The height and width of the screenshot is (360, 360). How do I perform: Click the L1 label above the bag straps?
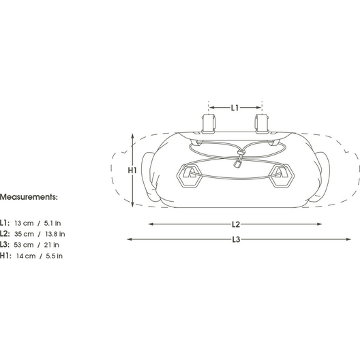pos(235,108)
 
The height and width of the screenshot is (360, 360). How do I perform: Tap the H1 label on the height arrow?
pos(132,170)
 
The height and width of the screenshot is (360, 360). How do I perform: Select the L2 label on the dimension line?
pos(236,224)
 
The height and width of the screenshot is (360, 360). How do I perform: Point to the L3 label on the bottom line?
pos(236,239)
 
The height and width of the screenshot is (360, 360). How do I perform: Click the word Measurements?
pos(29,197)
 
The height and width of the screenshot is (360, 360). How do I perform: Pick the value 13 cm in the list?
pos(24,223)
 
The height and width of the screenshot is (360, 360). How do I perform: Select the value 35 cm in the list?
pos(24,234)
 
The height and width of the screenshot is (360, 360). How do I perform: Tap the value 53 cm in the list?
pos(24,245)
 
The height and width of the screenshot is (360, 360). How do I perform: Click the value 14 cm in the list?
pos(26,256)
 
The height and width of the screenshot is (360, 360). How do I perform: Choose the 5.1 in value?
pos(52,223)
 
